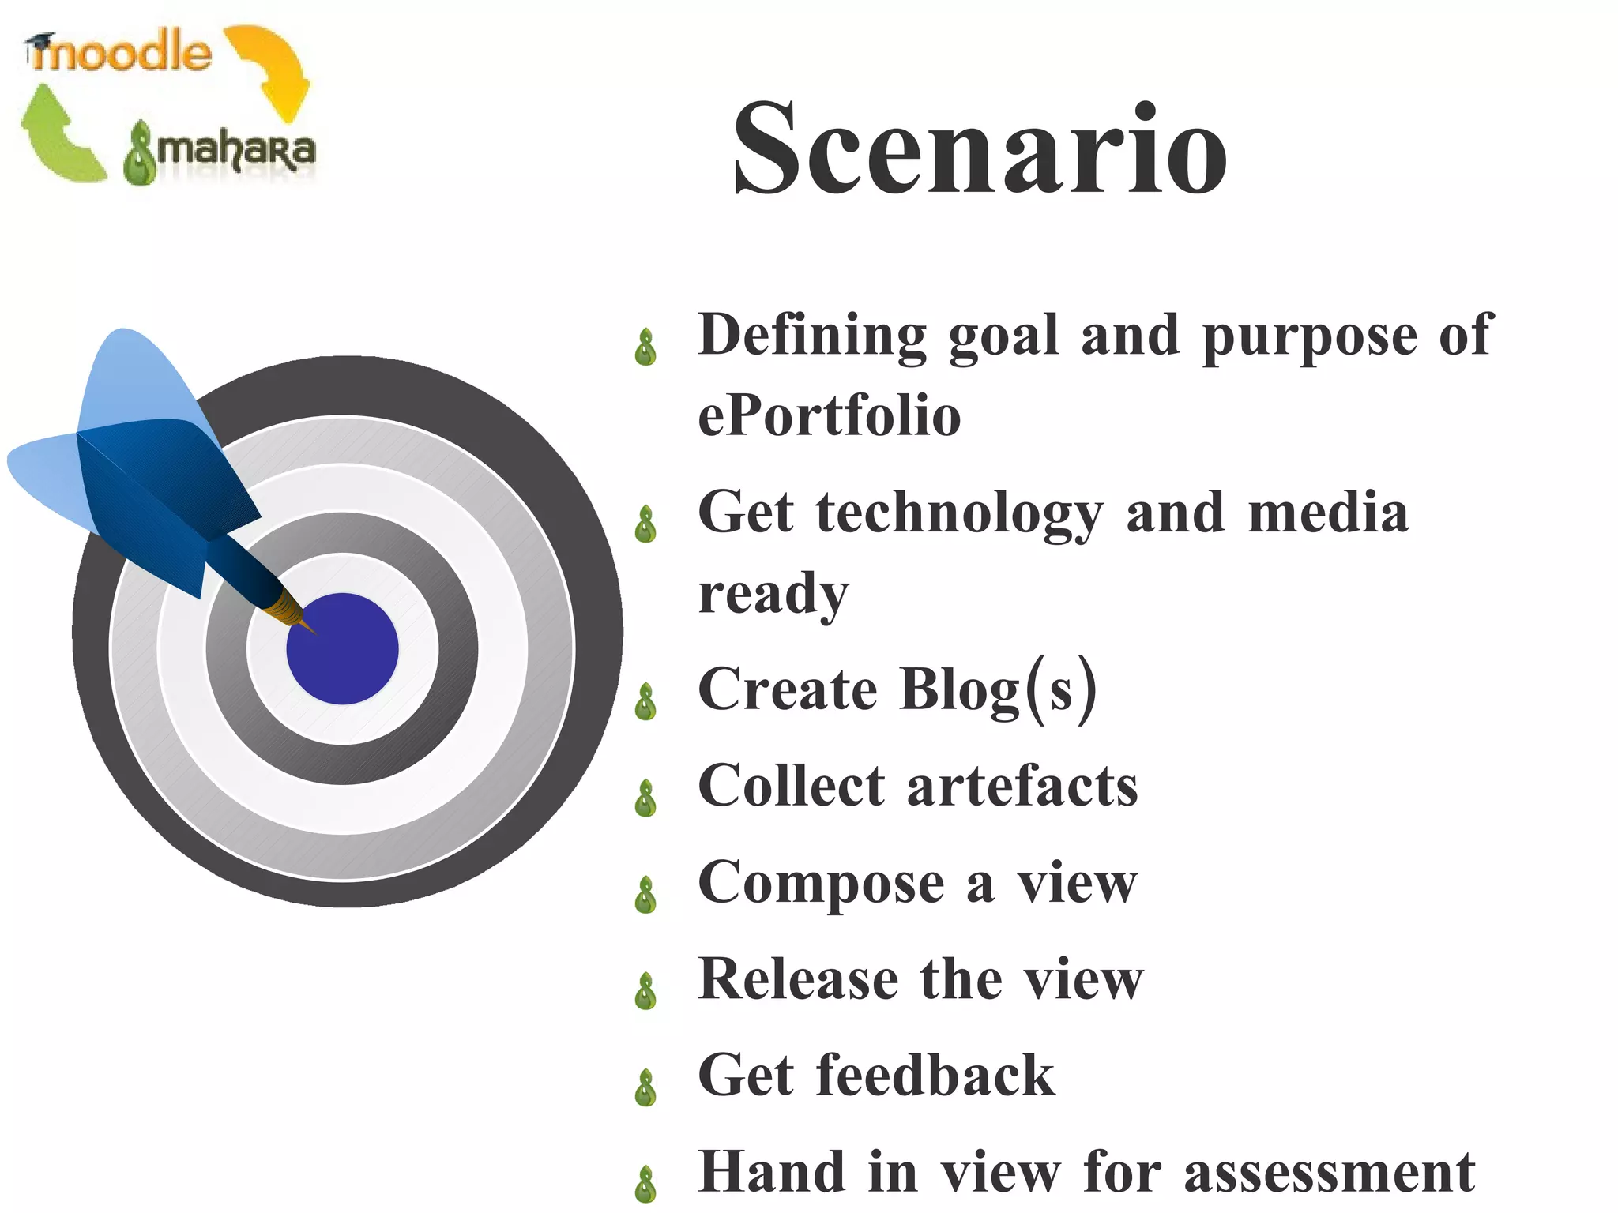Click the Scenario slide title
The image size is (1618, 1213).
980,148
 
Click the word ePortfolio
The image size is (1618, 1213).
830,416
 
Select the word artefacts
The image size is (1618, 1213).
1022,787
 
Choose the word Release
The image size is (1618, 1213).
798,979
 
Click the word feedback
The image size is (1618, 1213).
935,1076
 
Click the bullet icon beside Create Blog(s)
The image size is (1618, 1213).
646,701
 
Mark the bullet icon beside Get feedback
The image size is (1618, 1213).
646,1087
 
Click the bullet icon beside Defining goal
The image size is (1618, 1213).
646,347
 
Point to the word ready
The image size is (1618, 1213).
773,594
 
